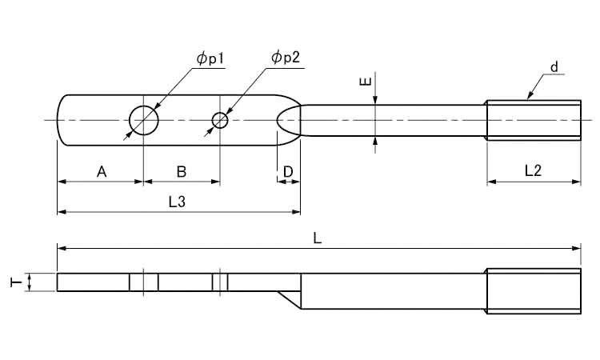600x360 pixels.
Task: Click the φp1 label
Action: point(210,59)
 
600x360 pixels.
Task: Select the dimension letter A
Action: point(101,170)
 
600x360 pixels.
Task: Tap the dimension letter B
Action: point(181,170)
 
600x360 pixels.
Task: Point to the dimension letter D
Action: point(288,170)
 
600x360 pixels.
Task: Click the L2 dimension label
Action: point(533,170)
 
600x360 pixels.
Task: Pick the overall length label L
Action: point(318,239)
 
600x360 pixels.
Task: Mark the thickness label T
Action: point(14,282)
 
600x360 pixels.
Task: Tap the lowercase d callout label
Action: point(553,67)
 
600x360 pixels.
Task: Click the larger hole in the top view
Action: point(143,120)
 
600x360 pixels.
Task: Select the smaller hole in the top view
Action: point(220,120)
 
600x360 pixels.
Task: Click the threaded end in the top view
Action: point(534,120)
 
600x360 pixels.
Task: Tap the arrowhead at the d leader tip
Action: point(529,97)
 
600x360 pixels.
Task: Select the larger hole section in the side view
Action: point(143,282)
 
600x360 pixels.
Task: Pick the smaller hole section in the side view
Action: point(220,282)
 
